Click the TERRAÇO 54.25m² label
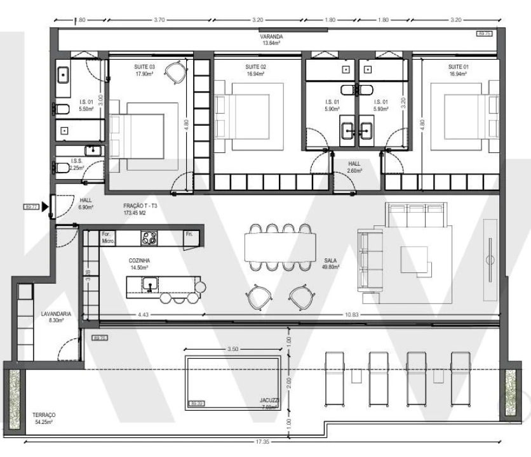(44, 418)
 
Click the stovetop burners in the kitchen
(149, 238)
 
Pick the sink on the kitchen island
(151, 284)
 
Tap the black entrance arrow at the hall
(44, 207)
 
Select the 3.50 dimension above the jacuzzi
(232, 350)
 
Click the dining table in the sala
(280, 244)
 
